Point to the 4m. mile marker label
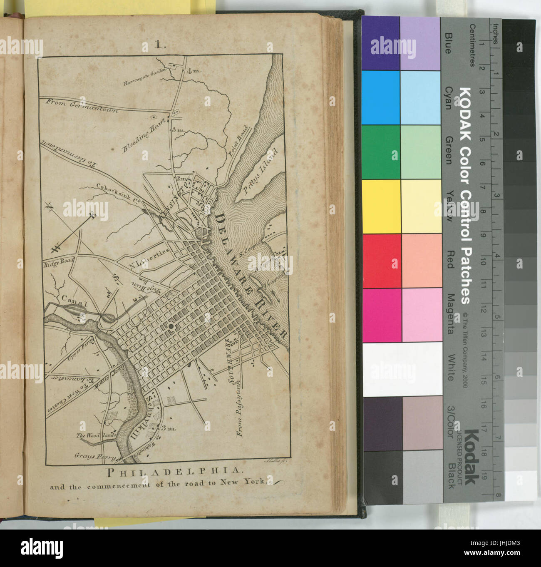coord(194,71)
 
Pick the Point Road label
coord(238,141)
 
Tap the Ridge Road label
coord(58,262)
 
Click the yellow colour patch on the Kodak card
coord(382,206)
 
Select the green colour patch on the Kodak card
coord(382,152)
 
